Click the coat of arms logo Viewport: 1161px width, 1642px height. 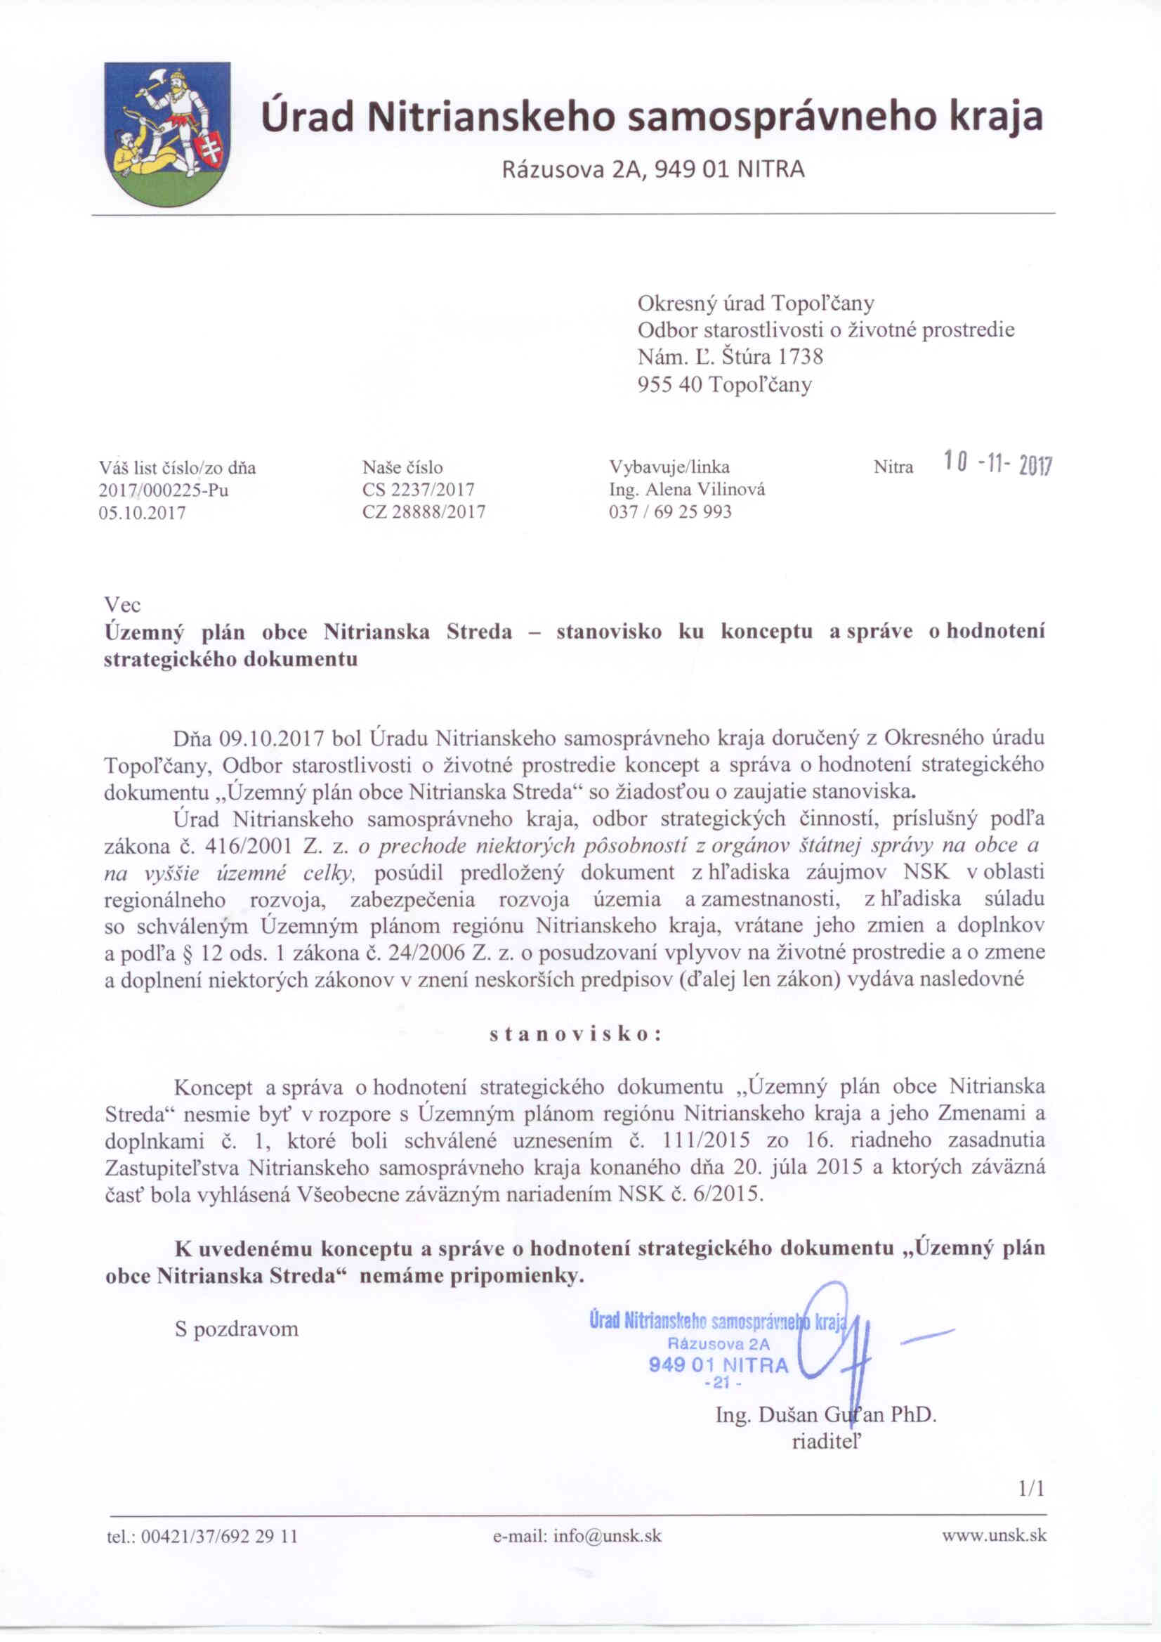166,133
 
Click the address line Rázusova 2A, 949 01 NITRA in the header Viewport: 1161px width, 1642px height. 653,169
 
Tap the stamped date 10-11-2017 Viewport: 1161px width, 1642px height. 997,466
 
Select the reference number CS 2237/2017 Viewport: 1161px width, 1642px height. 418,490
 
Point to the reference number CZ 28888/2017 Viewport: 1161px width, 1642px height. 424,512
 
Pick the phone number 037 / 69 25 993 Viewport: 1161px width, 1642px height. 670,512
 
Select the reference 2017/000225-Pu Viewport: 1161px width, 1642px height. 164,490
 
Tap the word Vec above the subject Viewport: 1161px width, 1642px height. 122,605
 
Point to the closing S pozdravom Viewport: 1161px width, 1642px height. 237,1329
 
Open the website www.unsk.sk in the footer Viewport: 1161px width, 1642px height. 994,1535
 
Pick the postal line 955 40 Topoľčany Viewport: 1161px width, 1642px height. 724,385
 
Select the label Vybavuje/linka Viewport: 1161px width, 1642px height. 669,468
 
